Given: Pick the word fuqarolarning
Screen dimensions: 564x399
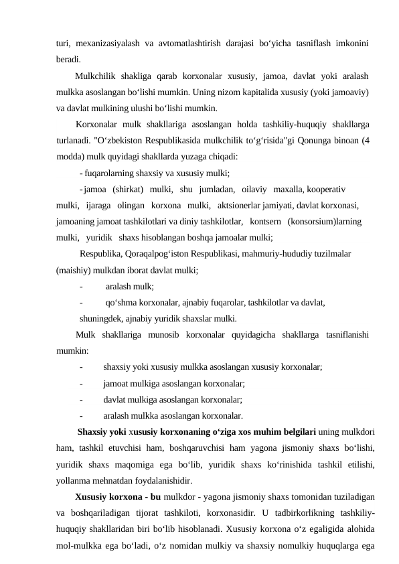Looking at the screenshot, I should tap(111, 172).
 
